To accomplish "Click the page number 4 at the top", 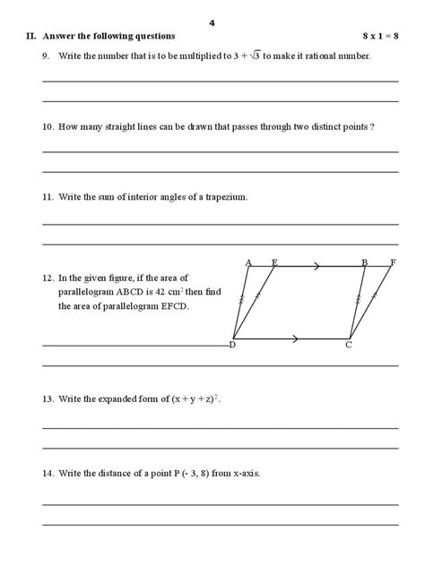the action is pyautogui.click(x=212, y=21).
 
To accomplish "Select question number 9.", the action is pyautogui.click(x=46, y=56).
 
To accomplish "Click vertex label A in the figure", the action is pyautogui.click(x=248, y=262).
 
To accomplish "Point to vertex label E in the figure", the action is pyautogui.click(x=273, y=262).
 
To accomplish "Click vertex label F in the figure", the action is pyautogui.click(x=392, y=262).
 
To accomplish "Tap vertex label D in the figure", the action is pyautogui.click(x=232, y=345).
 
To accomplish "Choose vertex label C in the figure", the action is pyautogui.click(x=350, y=345).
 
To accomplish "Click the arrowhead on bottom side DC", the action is pyautogui.click(x=296, y=338).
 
